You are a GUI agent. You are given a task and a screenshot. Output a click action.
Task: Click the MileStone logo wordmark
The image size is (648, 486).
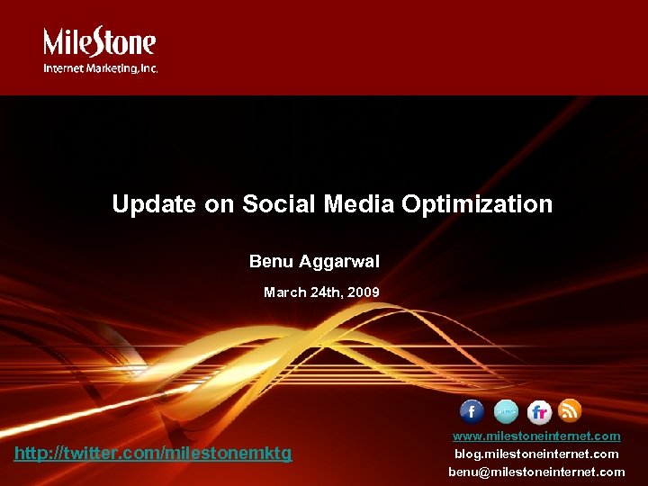click(100, 42)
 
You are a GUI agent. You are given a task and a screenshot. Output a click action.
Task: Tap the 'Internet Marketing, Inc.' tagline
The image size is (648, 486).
click(101, 67)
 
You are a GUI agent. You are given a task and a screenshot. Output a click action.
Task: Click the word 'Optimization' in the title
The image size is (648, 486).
click(477, 205)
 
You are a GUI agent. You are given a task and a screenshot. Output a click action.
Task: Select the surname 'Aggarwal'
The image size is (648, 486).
click(340, 262)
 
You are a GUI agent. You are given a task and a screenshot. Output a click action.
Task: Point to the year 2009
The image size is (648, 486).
click(364, 292)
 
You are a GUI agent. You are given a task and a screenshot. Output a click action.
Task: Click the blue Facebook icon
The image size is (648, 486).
click(472, 411)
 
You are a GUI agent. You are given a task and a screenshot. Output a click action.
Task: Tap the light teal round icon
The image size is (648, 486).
click(506, 411)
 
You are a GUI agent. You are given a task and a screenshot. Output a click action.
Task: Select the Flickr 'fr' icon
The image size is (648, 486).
click(539, 412)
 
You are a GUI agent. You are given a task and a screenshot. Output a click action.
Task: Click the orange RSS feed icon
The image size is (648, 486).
click(570, 410)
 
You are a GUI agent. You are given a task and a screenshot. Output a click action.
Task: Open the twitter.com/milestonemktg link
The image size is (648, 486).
click(153, 454)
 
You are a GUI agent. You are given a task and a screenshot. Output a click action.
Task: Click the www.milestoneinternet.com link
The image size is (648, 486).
click(536, 436)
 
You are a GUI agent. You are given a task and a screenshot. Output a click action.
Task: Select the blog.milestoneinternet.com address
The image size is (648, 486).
click(536, 454)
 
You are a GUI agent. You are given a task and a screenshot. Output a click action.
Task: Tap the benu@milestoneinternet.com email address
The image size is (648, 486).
click(536, 472)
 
